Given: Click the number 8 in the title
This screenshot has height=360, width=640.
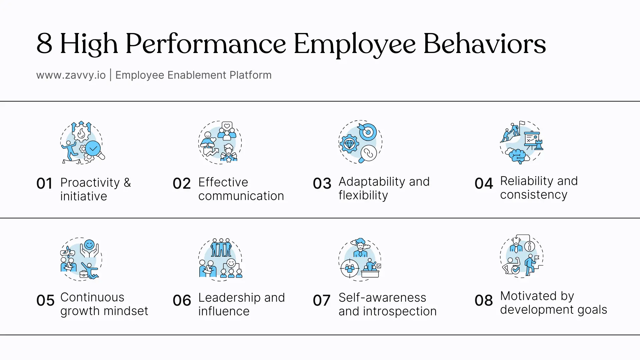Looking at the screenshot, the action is (x=44, y=43).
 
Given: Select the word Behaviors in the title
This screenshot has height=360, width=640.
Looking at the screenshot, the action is (x=485, y=43).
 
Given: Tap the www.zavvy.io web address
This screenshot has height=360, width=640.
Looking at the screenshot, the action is (x=71, y=75).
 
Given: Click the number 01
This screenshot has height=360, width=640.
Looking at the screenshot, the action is (x=44, y=183).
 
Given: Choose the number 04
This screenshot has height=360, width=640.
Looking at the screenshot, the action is (x=484, y=183).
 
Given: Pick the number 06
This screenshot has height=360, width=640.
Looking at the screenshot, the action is (x=182, y=300).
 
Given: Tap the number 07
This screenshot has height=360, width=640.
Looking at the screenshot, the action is (x=322, y=300).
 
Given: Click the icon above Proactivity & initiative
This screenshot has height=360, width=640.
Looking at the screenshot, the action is (x=82, y=142).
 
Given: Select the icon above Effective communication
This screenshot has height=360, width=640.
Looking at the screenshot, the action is (x=220, y=142).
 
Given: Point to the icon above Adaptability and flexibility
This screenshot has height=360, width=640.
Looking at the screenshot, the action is (x=360, y=142).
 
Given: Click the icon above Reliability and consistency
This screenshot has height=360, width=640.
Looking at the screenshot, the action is (x=522, y=142).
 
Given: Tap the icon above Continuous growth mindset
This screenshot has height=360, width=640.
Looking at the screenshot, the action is (x=81, y=259).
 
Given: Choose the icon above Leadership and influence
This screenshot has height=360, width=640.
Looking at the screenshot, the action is (x=220, y=259).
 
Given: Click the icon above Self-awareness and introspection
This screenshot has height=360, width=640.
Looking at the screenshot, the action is (x=360, y=259).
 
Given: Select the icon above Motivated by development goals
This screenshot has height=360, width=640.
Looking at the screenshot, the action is (x=522, y=256).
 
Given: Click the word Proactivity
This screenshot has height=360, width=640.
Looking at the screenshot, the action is (x=90, y=183).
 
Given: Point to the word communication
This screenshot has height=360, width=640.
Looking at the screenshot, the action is (x=241, y=196).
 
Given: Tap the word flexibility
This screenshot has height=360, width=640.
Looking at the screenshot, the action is (x=363, y=195).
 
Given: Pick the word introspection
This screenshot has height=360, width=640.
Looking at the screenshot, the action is (x=400, y=311).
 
